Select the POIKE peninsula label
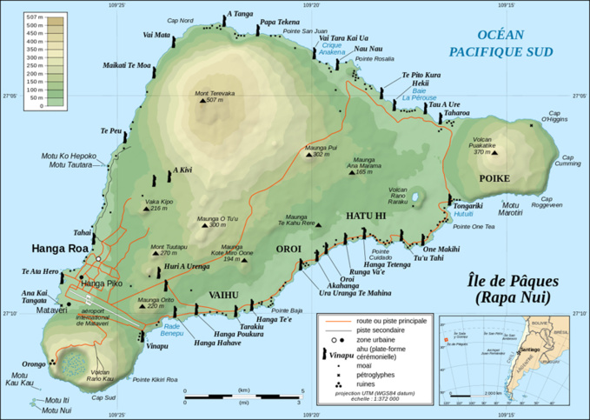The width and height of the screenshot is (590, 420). [493, 178]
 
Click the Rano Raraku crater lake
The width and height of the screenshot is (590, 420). [415, 198]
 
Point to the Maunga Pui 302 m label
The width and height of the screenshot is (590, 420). [316, 150]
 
